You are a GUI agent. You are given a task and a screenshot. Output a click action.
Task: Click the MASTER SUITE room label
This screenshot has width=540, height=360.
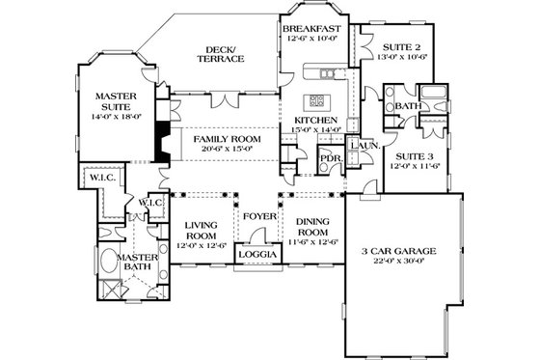coord(113,101)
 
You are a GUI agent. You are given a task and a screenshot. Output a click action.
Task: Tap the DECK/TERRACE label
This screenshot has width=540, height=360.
coord(221,54)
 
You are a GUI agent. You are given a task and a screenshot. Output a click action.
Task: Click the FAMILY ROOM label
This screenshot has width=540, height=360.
coord(222,139)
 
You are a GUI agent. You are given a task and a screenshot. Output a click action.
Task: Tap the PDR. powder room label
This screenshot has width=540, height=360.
coord(331,158)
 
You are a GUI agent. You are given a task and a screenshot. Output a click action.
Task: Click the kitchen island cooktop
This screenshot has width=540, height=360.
coord(315,100)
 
